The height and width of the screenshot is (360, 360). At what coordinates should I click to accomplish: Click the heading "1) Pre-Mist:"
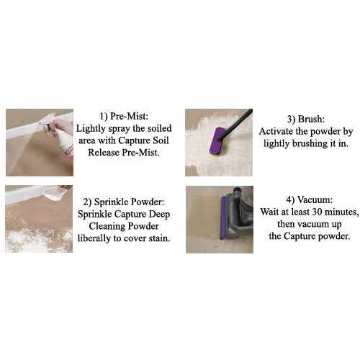point(124,117)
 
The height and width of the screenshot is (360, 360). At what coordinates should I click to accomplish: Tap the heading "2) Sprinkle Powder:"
point(124,202)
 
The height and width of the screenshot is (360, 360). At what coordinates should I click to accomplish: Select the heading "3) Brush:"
point(306,119)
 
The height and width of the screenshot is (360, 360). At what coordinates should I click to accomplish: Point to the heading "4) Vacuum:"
point(310,199)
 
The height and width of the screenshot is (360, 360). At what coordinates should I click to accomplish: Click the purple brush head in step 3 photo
point(218,141)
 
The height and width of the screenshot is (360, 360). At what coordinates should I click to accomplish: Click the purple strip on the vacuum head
point(223,218)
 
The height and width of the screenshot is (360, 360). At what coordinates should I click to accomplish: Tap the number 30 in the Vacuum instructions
point(318,212)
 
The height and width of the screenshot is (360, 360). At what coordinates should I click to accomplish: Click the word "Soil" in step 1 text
point(161,140)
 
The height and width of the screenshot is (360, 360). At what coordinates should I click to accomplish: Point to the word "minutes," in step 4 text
point(342,212)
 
